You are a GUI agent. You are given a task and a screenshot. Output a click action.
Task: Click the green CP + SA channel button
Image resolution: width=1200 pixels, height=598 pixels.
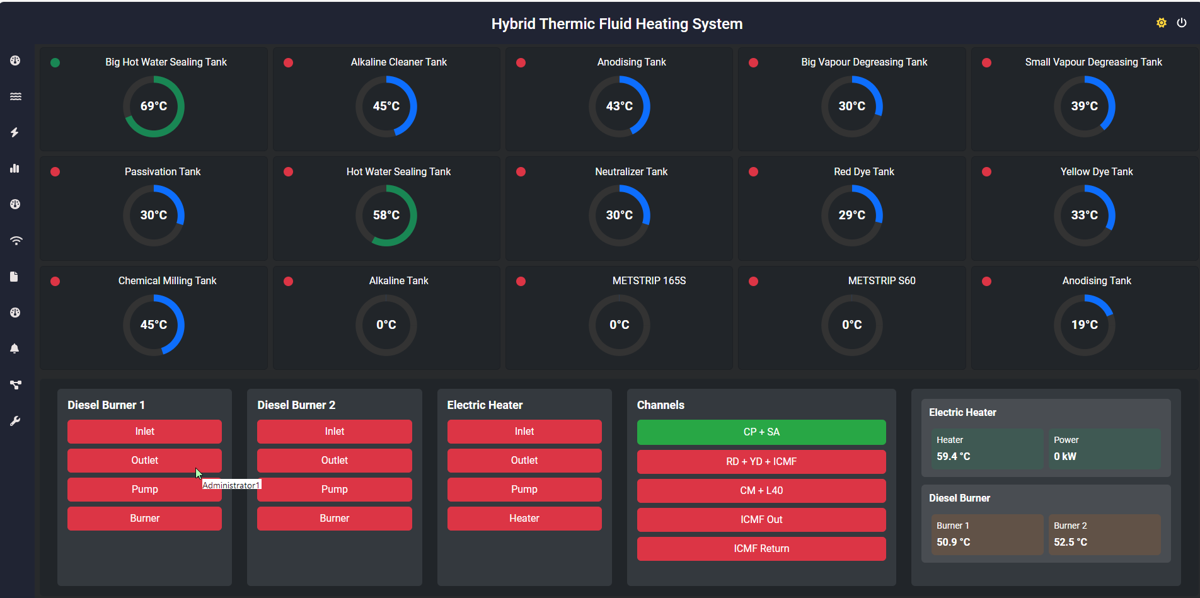[x=761, y=432]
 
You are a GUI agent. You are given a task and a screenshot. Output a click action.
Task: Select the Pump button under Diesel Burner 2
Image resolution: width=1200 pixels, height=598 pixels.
[x=334, y=489]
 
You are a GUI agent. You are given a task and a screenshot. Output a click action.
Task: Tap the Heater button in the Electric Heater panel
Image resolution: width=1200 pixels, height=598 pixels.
[x=524, y=518]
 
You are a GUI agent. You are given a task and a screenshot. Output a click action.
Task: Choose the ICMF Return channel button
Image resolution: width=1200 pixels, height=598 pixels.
[x=761, y=548]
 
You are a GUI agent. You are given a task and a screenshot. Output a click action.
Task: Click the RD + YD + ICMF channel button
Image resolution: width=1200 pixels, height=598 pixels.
[x=761, y=461]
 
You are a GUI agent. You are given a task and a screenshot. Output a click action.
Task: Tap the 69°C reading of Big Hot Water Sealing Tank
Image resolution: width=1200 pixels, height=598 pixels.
[x=154, y=106]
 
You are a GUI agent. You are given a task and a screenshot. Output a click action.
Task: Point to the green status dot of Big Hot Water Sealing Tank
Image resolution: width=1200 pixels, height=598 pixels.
[x=55, y=62]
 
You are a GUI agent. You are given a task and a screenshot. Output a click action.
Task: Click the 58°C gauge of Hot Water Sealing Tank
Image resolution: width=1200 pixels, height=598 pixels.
[x=386, y=216]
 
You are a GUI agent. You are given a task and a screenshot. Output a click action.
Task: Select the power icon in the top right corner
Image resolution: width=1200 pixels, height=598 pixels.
[x=1182, y=23]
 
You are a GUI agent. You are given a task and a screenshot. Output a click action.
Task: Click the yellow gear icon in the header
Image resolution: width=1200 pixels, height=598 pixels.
[x=1161, y=23]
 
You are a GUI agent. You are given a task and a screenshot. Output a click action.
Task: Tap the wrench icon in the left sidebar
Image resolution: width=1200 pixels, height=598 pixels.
[x=15, y=421]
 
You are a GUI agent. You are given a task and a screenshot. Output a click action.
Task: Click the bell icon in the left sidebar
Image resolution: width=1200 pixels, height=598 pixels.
[x=15, y=348]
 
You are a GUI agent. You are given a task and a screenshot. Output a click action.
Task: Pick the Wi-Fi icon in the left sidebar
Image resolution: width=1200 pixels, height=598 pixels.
[x=15, y=241]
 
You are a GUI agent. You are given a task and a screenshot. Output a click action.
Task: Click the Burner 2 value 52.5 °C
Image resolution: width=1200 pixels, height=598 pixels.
[x=1070, y=542]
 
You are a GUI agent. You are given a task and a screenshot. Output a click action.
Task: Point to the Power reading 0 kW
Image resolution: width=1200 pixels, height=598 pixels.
[x=1065, y=456]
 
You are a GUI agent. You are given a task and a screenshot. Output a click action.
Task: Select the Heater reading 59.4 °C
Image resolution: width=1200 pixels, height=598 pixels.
[x=953, y=456]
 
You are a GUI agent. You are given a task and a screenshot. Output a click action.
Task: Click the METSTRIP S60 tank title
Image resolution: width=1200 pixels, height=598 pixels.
[x=881, y=280]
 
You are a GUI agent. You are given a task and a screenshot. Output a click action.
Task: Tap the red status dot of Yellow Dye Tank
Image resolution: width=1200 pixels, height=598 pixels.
[x=986, y=172]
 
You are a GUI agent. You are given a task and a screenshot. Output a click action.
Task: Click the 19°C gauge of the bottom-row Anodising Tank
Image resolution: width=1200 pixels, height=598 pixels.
[x=1084, y=325]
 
